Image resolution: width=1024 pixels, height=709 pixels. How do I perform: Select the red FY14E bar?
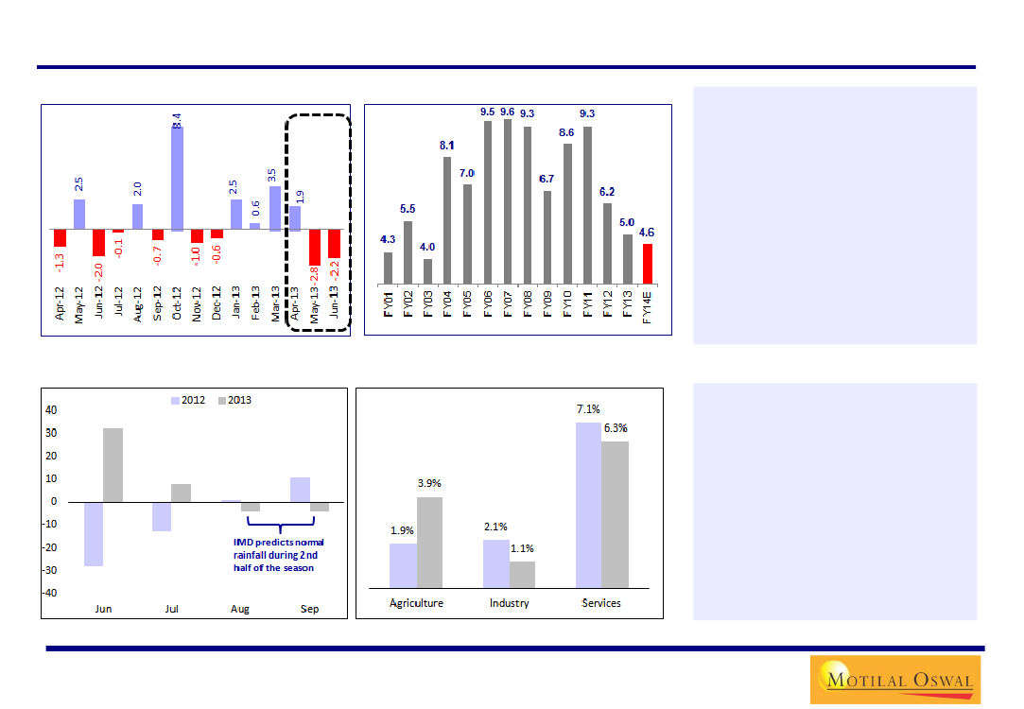click(x=648, y=264)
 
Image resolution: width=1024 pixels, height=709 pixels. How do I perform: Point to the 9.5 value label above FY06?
click(x=488, y=112)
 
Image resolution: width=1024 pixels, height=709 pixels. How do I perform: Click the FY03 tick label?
click(x=428, y=306)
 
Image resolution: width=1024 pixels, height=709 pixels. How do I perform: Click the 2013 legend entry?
click(x=234, y=400)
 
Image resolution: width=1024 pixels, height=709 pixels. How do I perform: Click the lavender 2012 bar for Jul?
click(x=161, y=516)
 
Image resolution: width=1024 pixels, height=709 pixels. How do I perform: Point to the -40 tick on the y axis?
click(x=50, y=593)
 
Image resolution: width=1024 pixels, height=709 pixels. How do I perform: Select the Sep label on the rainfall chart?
click(x=309, y=609)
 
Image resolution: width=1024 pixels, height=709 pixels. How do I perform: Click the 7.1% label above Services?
click(x=588, y=409)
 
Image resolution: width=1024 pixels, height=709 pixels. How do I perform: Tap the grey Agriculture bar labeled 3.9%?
click(x=430, y=543)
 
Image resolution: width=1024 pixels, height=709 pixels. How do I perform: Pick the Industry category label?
click(x=509, y=602)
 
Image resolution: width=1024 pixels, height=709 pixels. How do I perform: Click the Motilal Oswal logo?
click(x=894, y=679)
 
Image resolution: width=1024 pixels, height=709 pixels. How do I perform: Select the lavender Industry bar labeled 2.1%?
click(x=495, y=563)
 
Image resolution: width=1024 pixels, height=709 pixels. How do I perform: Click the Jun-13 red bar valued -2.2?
click(x=334, y=244)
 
